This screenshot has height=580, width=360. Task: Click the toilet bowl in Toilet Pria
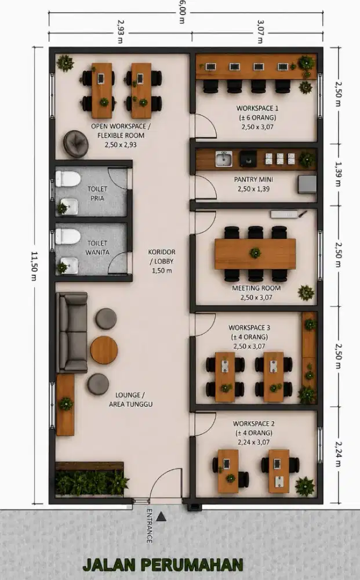[x=68, y=179]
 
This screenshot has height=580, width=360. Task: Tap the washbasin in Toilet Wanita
[x=70, y=265]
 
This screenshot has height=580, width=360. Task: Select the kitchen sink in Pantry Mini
[x=224, y=159]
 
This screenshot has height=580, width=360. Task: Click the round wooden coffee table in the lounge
[x=104, y=350]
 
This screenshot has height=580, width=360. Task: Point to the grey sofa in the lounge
[x=72, y=332]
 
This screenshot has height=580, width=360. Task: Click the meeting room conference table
[x=255, y=254]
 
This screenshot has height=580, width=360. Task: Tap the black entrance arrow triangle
[x=161, y=516]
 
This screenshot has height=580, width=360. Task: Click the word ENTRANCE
[x=150, y=526]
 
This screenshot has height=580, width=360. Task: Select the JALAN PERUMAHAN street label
[x=163, y=565]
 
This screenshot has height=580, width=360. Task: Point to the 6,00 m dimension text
[x=182, y=12]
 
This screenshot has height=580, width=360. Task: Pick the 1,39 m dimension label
[x=338, y=174]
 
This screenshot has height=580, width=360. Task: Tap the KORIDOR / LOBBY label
[x=162, y=261]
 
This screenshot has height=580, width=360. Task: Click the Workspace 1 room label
[x=257, y=118]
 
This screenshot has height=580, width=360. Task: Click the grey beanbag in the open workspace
[x=76, y=143]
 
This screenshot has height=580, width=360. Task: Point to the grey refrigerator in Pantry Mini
[x=307, y=184]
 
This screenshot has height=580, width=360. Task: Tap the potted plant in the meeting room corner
[x=306, y=293]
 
